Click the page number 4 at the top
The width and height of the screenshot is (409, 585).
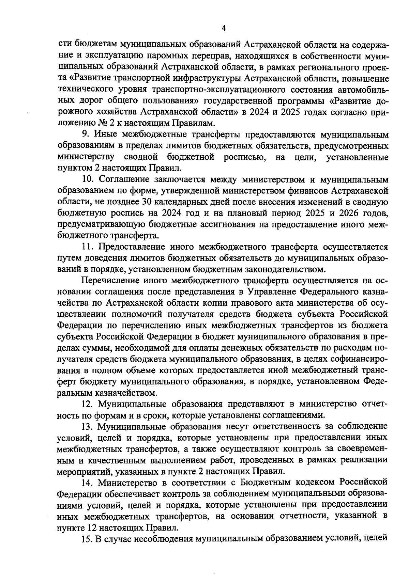(224, 28)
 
